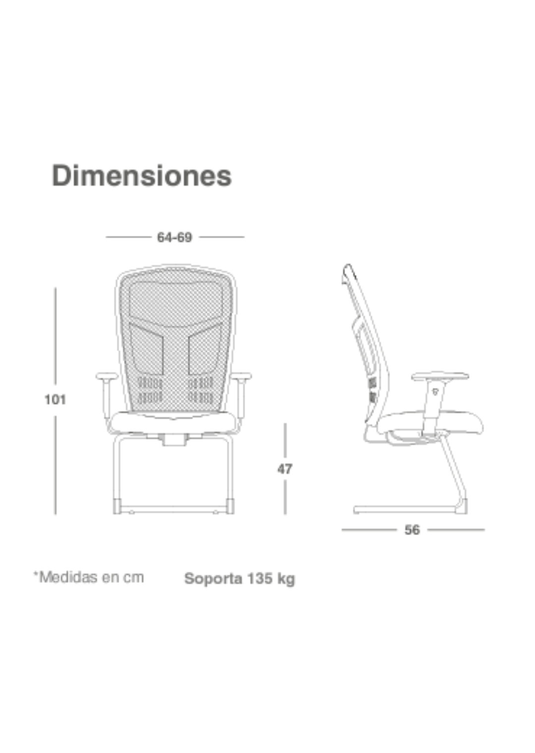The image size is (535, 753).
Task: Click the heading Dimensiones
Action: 142,176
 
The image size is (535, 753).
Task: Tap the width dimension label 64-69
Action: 174,237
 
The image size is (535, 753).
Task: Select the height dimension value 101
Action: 55,399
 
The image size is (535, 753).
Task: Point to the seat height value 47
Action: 285,469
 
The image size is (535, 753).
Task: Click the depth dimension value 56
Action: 412,530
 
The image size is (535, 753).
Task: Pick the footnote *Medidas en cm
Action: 89,577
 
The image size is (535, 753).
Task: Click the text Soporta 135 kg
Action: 240,579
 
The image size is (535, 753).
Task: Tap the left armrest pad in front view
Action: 107,376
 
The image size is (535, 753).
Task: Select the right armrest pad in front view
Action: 241,376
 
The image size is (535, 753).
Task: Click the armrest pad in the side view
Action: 440,376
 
